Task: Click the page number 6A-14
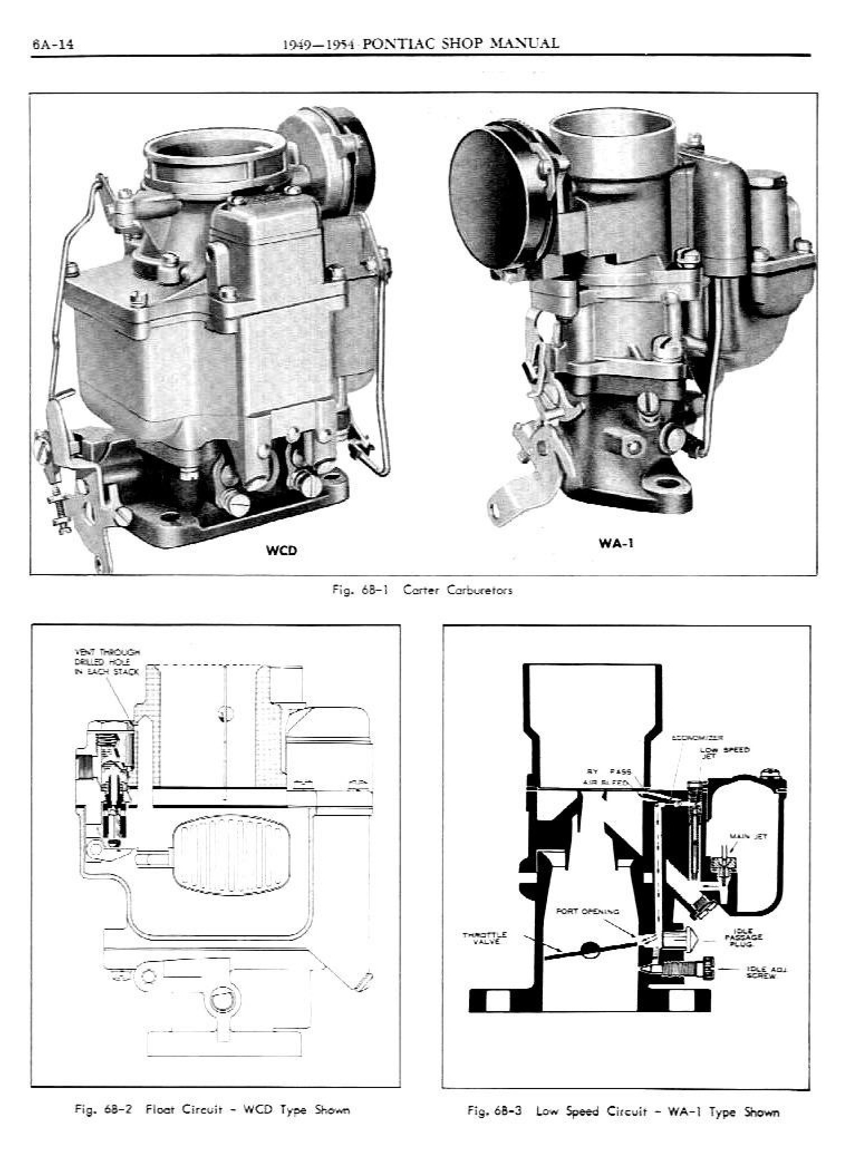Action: [x=53, y=45]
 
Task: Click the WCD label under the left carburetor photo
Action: [x=281, y=551]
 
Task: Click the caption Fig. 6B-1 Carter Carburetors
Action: [x=422, y=591]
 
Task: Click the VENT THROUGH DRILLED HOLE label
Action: [x=107, y=662]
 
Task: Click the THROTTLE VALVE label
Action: [x=485, y=937]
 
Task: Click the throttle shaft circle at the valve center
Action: [x=589, y=948]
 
